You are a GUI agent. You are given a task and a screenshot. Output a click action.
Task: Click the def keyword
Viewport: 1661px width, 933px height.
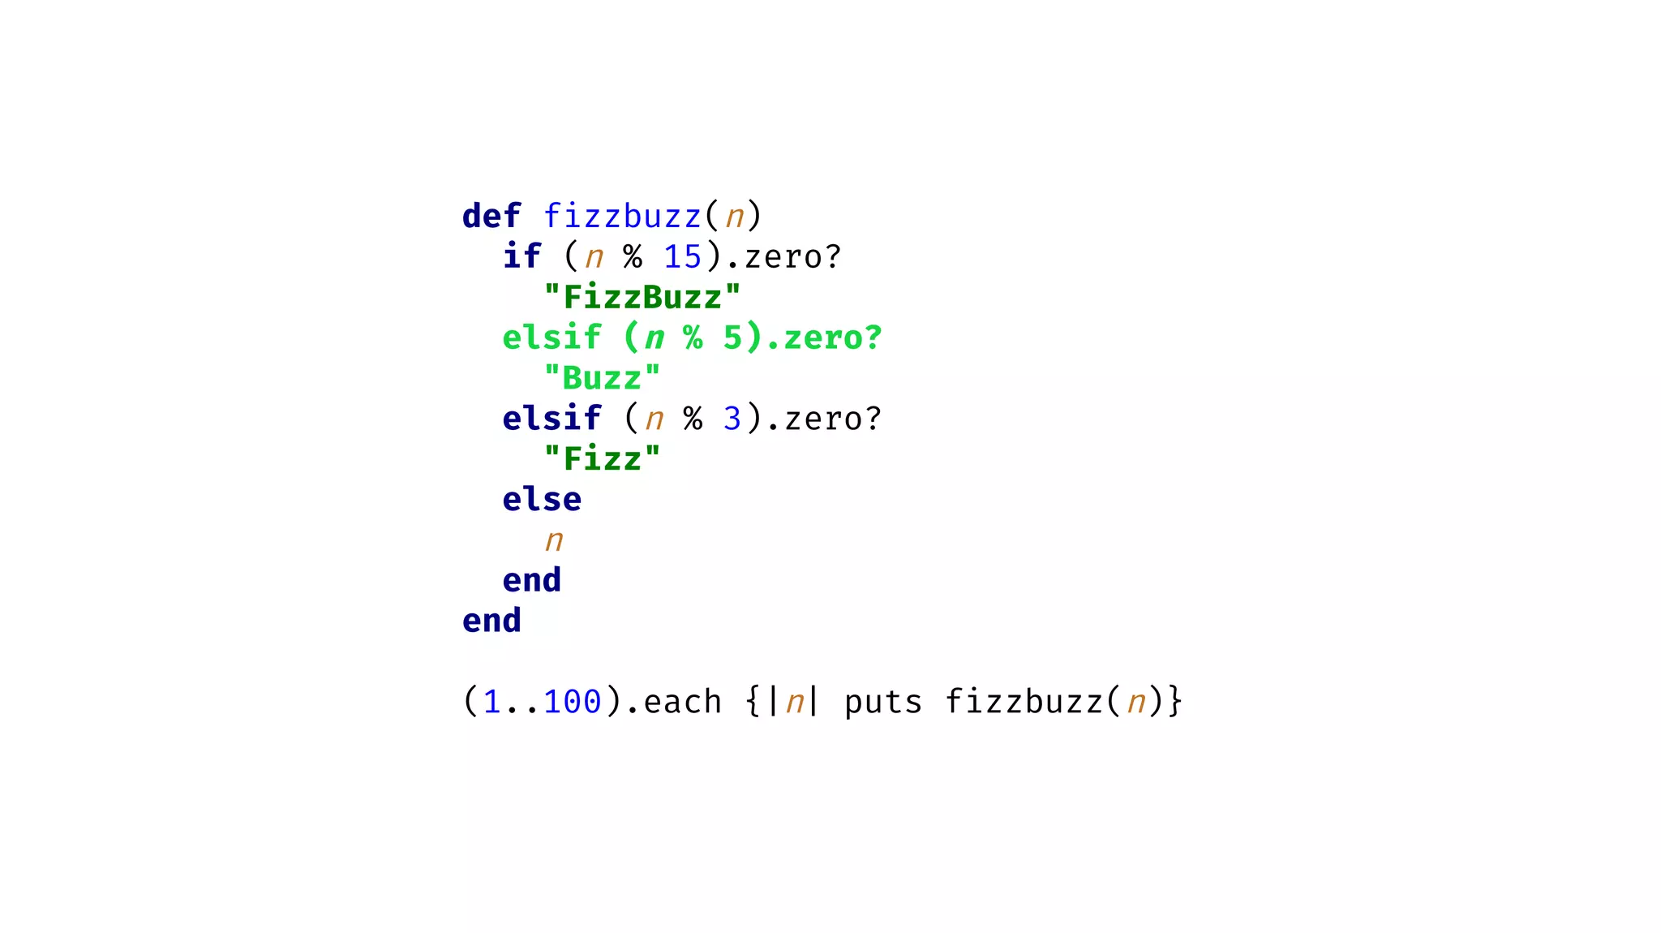click(491, 217)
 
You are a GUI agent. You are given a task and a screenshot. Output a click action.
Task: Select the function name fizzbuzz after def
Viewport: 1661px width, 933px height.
click(622, 217)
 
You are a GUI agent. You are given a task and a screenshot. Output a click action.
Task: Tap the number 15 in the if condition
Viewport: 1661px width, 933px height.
click(682, 257)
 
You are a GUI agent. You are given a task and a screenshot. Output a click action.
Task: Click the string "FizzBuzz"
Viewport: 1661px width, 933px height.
click(642, 298)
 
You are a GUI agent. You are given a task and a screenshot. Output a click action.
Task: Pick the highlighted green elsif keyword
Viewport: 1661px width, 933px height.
click(552, 338)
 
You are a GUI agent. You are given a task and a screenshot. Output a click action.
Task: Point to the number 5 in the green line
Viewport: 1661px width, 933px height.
click(732, 338)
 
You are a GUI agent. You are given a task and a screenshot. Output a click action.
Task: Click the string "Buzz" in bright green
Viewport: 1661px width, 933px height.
click(602, 379)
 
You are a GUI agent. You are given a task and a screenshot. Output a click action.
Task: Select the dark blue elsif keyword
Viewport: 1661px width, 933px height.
click(552, 419)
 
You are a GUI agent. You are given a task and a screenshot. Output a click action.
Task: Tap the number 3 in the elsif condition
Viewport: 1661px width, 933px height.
click(732, 419)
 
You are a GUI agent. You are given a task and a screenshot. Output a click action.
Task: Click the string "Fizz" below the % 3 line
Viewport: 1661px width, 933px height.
click(602, 459)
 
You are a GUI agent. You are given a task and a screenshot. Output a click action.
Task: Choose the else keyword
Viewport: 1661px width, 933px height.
click(542, 500)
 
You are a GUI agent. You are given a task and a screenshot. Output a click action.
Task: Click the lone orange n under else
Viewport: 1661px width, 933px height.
click(554, 540)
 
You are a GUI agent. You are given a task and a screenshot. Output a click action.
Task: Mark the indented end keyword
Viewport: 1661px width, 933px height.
click(532, 581)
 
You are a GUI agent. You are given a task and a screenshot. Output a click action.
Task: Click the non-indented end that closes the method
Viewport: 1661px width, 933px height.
click(491, 621)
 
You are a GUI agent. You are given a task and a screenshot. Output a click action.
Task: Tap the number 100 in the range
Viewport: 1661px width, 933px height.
click(572, 702)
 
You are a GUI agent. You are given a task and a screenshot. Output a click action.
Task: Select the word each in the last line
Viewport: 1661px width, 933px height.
click(682, 702)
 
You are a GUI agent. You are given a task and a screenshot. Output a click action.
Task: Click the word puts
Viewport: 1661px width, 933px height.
click(883, 702)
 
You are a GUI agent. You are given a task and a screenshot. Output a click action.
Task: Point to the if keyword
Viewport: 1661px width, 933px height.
click(521, 257)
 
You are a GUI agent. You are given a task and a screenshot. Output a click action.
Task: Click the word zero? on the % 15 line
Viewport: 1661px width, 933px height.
click(792, 257)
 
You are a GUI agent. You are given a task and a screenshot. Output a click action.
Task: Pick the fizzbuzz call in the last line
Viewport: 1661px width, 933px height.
click(1024, 702)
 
